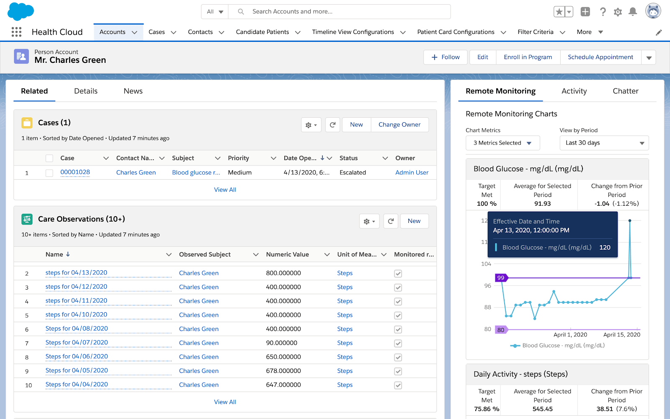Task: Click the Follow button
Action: (x=446, y=57)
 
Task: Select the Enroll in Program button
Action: (x=528, y=57)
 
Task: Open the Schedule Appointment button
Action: (x=600, y=57)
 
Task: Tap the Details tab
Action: (x=86, y=91)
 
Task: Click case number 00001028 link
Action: (x=75, y=172)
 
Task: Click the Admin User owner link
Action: (x=412, y=173)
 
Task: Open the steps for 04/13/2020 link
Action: (x=76, y=273)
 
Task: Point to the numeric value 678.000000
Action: (x=283, y=371)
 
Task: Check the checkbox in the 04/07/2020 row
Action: (x=398, y=343)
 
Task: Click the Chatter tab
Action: (x=625, y=91)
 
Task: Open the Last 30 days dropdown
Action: (x=604, y=143)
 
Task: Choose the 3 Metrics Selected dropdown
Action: (x=502, y=143)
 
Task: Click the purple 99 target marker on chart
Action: (x=501, y=278)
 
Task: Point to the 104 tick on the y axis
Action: (x=486, y=264)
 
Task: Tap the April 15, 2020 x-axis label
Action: (x=621, y=335)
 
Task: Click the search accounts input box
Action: (x=348, y=12)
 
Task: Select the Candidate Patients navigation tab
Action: (x=262, y=32)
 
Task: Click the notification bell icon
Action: (x=633, y=12)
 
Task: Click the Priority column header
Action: (x=238, y=158)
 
